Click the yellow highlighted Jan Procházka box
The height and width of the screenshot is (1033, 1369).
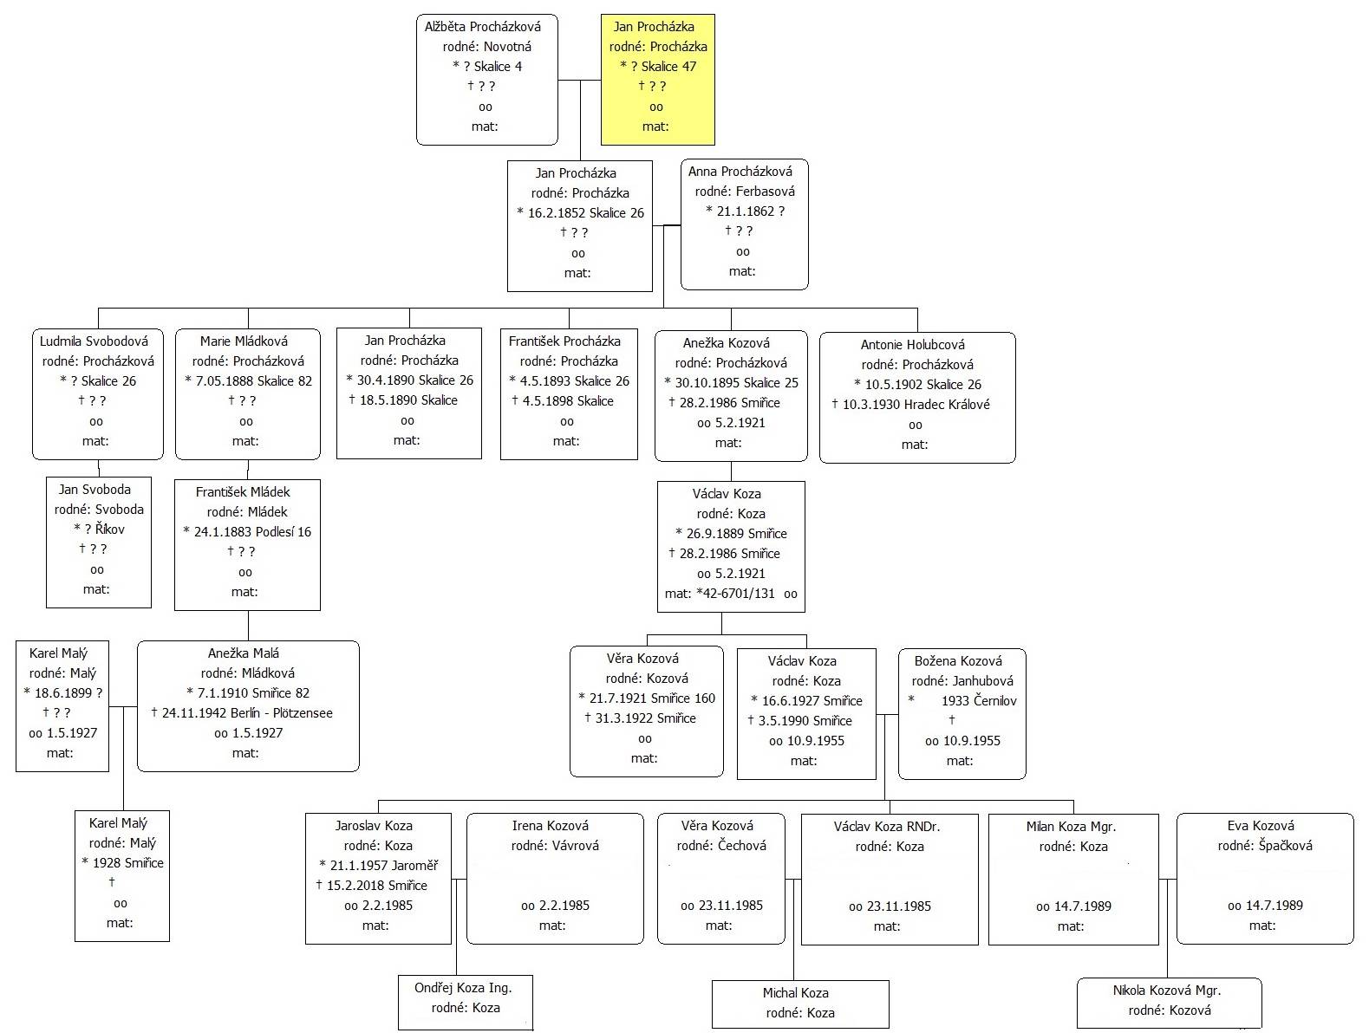(657, 80)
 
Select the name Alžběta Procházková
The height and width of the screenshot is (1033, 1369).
(483, 27)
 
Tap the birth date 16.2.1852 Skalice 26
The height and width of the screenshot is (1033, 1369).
(585, 213)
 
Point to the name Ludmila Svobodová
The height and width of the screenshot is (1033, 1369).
(95, 341)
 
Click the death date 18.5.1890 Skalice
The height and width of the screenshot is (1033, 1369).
(408, 400)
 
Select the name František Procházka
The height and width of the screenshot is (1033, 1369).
(564, 341)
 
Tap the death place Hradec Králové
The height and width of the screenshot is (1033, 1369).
(947, 405)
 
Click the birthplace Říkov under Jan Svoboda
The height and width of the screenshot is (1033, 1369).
(110, 529)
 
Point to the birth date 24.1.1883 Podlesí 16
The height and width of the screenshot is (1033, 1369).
(252, 532)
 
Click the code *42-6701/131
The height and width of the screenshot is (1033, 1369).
(735, 594)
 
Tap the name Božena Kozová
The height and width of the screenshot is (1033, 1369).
(958, 661)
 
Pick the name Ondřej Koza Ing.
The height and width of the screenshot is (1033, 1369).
(463, 988)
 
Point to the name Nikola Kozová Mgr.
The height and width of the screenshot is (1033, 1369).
(1167, 991)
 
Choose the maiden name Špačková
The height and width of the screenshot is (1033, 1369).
(1286, 846)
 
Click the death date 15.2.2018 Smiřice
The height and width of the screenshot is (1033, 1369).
(377, 886)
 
